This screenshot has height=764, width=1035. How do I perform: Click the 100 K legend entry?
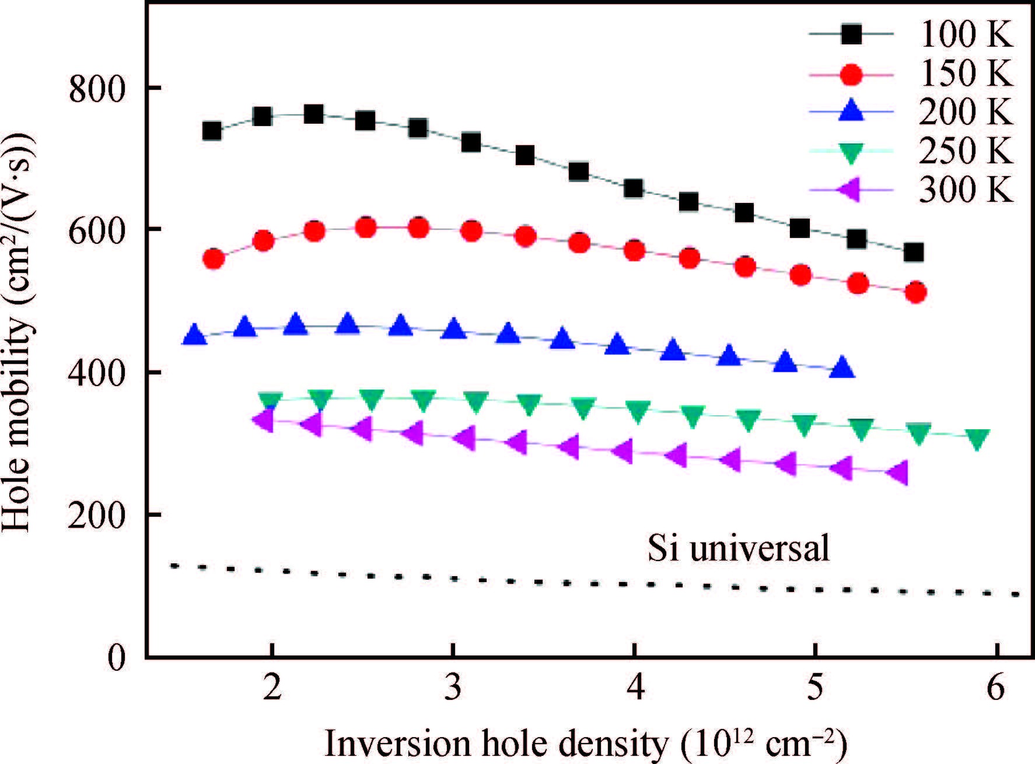[x=965, y=34]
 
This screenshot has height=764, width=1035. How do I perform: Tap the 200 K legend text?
[x=965, y=112]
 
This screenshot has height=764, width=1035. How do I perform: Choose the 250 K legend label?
[x=965, y=150]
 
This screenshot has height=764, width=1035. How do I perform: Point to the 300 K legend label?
[x=965, y=189]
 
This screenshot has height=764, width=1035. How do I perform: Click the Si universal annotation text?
[x=738, y=548]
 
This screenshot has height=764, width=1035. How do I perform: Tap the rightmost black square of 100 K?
[x=913, y=253]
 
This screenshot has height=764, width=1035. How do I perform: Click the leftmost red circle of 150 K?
[x=214, y=258]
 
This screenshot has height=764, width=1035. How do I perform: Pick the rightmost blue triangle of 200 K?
[x=841, y=368]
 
